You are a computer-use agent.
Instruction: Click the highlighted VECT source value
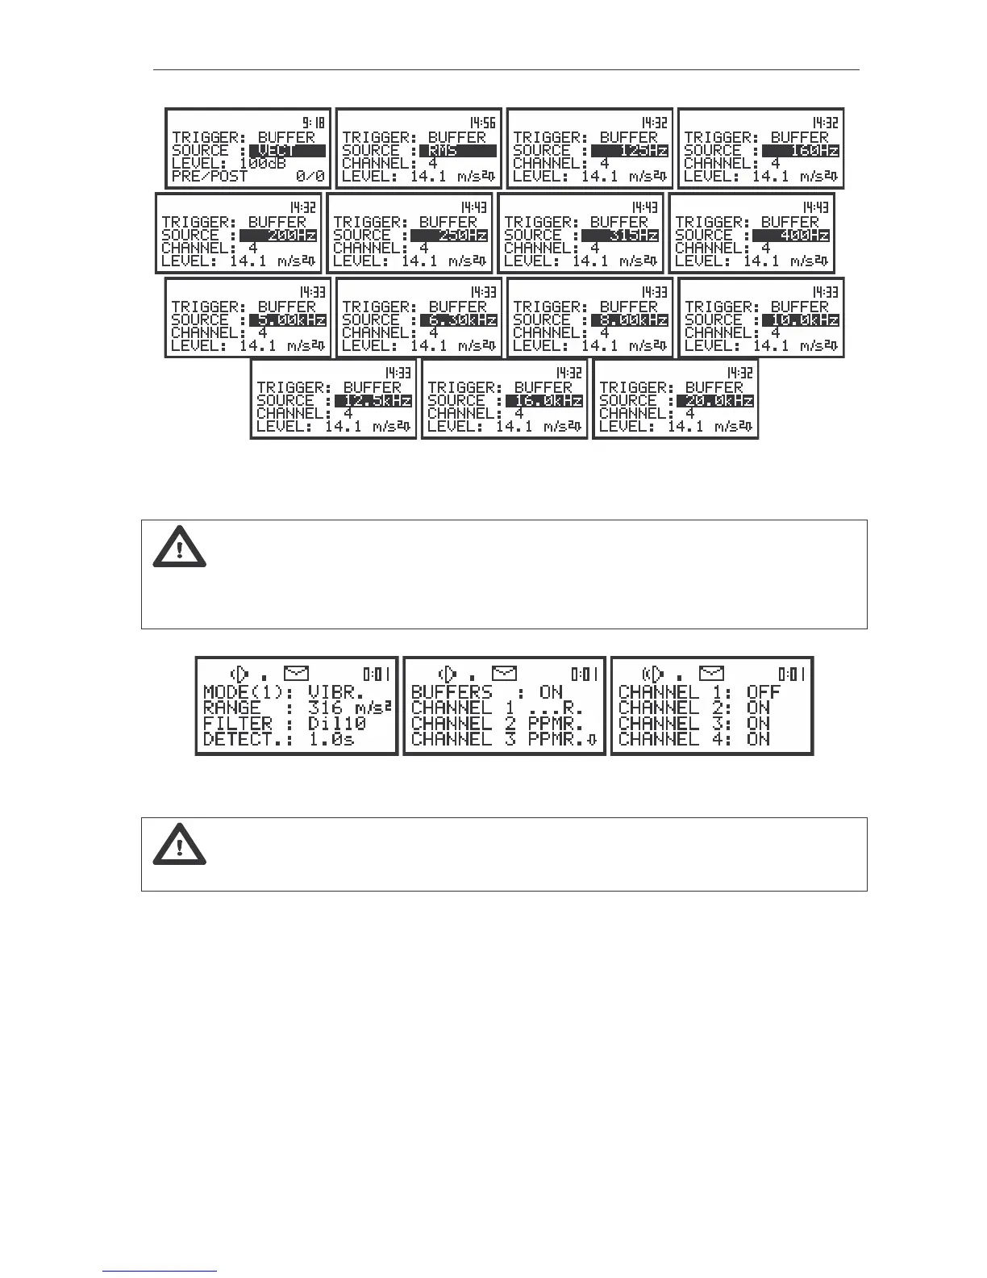click(287, 151)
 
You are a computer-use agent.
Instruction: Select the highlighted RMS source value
click(458, 151)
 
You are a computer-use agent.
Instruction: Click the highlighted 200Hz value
click(278, 236)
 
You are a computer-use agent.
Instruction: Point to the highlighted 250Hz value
click(449, 236)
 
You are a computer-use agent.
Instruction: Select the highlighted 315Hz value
click(620, 236)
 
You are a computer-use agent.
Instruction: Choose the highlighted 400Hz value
click(791, 236)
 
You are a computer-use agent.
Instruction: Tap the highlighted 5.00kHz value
click(288, 320)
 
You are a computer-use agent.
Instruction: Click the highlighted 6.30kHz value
click(459, 320)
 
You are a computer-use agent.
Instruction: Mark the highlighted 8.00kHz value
click(630, 320)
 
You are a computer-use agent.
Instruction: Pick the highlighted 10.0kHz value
click(801, 320)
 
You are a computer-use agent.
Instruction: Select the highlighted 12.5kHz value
click(373, 401)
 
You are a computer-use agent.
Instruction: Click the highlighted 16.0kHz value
click(544, 401)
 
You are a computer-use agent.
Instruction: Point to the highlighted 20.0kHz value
click(716, 401)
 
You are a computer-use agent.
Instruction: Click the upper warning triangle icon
click(180, 548)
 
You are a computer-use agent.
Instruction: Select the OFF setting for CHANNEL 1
click(763, 692)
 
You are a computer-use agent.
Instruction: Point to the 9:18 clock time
click(314, 123)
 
